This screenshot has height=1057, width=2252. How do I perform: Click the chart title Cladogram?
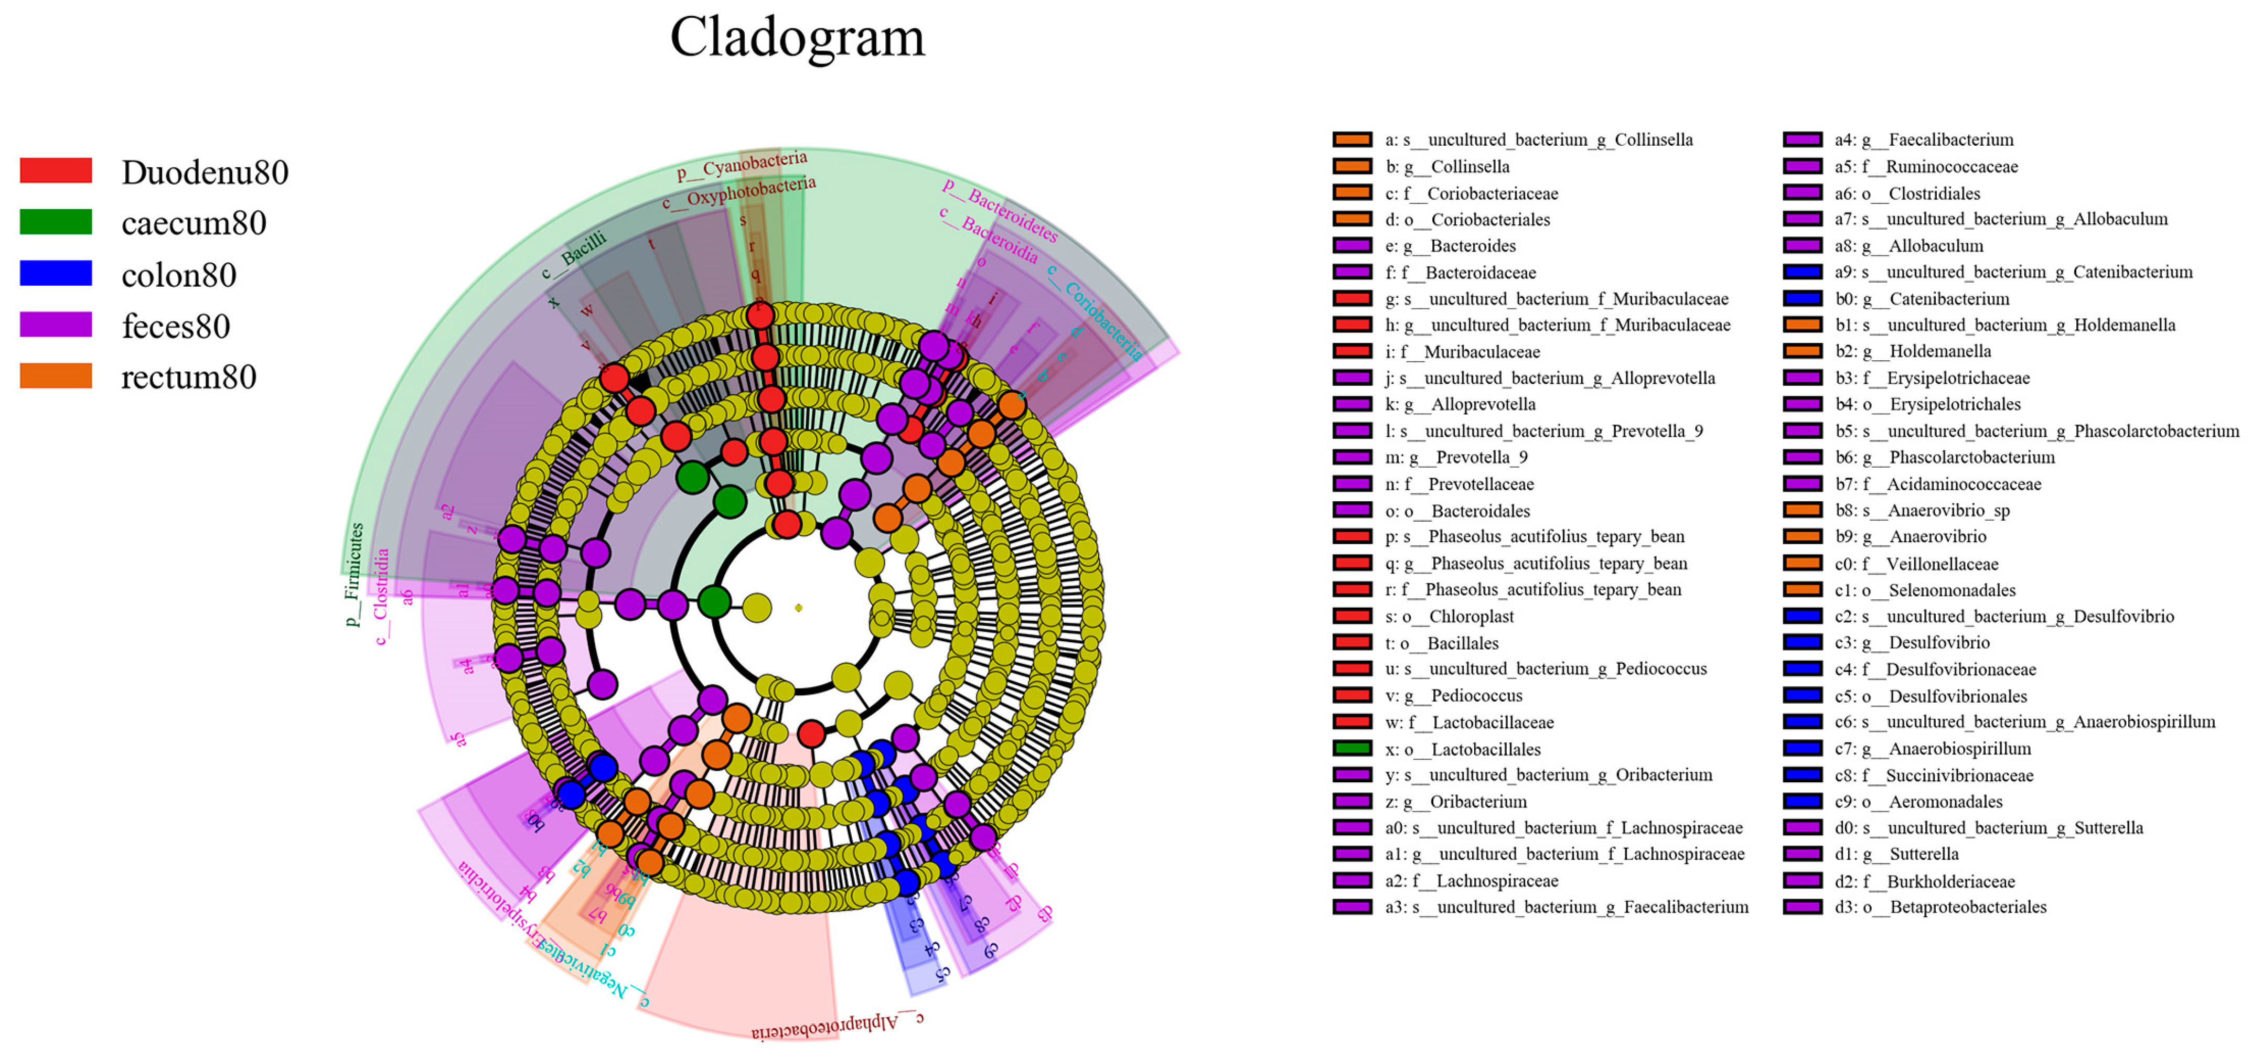pos(797,38)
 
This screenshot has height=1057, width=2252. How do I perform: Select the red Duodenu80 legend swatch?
pos(56,170)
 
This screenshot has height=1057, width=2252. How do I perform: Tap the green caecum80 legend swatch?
pos(56,222)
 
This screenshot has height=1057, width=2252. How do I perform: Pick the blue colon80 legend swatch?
pos(56,274)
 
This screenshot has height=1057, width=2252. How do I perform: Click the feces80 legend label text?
pos(176,326)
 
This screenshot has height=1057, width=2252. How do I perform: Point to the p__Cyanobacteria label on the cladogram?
pos(742,165)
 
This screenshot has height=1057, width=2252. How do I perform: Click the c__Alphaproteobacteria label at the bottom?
pos(837,1024)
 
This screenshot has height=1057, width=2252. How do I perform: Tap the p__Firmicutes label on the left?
pos(354,575)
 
